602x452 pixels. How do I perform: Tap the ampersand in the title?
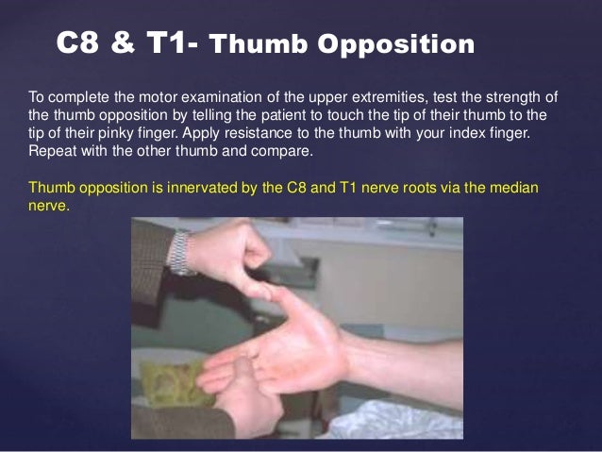pos(125,43)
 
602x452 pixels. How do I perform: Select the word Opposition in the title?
pos(395,44)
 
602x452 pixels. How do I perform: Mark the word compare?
pos(282,150)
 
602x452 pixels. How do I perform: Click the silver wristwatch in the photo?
pos(181,250)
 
